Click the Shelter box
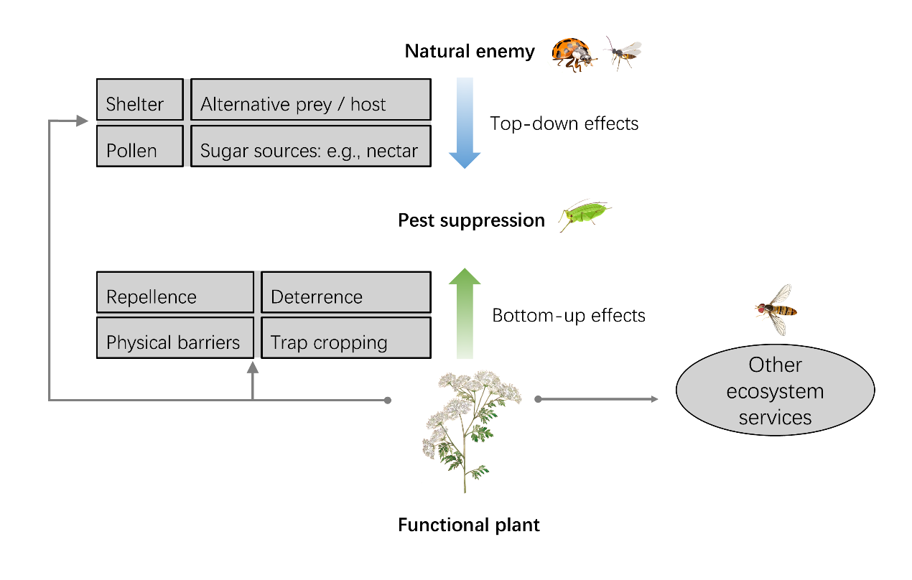tap(140, 100)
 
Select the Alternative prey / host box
tap(310, 100)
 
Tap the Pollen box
tap(140, 146)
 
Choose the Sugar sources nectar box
tap(310, 146)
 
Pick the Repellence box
tap(175, 292)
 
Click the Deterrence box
tap(345, 292)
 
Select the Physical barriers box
tap(175, 338)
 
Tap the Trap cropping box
tap(345, 338)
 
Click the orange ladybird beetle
tap(574, 55)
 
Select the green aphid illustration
tap(586, 214)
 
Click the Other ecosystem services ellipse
tap(775, 390)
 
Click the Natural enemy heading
tap(470, 52)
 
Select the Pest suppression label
tap(471, 220)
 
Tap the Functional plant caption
tap(469, 525)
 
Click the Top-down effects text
tap(564, 123)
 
